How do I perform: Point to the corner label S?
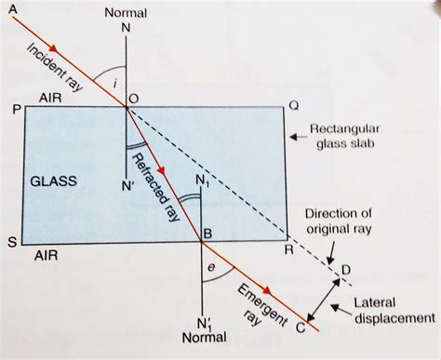click(12, 243)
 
